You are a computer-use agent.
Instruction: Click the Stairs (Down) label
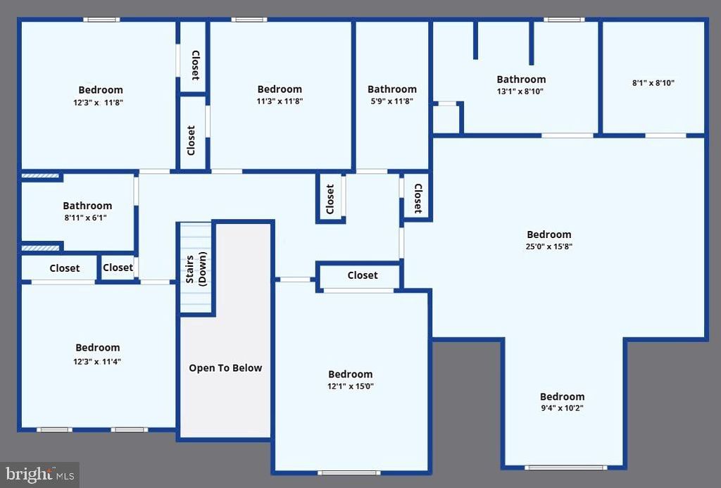click(196, 268)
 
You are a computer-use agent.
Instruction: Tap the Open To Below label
click(225, 368)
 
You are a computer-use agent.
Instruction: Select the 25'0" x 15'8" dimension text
click(549, 246)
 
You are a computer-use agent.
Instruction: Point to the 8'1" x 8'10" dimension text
click(653, 82)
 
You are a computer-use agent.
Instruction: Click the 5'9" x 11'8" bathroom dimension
click(392, 101)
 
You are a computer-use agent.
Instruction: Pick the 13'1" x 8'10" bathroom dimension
click(521, 91)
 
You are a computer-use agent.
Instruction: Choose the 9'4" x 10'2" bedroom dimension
click(562, 408)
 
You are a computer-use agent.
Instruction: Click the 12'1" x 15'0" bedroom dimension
click(351, 386)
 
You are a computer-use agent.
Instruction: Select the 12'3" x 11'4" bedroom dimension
click(98, 361)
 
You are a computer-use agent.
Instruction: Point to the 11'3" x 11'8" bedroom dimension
click(280, 101)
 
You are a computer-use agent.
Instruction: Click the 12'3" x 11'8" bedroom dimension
click(101, 101)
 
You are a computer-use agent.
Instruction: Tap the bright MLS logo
click(39, 474)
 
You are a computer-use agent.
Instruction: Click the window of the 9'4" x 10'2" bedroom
click(565, 467)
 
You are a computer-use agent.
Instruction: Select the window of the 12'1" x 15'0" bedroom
click(349, 472)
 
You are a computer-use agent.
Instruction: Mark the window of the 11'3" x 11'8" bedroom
click(249, 20)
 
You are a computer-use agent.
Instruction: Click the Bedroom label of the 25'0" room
click(549, 234)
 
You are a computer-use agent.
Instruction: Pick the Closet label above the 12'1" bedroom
click(363, 275)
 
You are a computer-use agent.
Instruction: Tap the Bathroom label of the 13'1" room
click(521, 80)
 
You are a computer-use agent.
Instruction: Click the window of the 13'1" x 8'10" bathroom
click(565, 20)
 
